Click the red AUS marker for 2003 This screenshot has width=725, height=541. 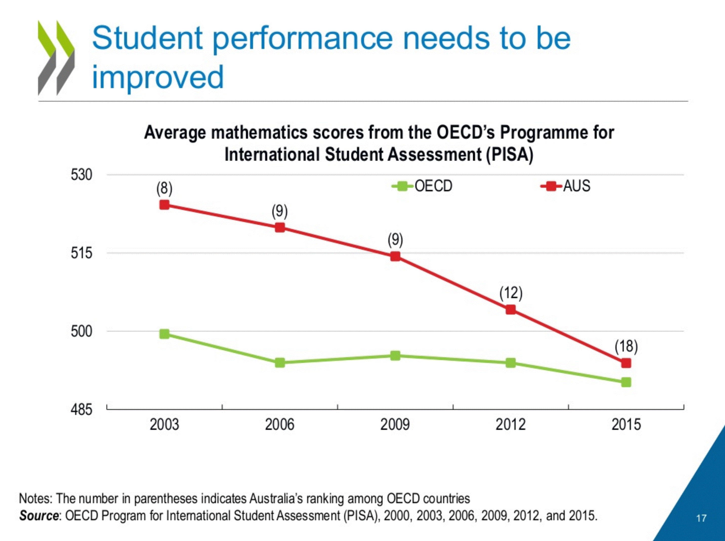click(x=164, y=205)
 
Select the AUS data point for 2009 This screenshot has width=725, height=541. click(x=395, y=256)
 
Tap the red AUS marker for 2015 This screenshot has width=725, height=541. click(x=626, y=363)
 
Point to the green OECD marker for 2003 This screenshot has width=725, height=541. click(x=164, y=334)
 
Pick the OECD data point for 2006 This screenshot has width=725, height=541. click(x=280, y=363)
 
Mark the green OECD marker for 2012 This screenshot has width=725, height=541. click(x=511, y=363)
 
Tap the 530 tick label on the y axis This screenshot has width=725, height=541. click(x=81, y=175)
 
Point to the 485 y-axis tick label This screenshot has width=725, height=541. click(x=81, y=410)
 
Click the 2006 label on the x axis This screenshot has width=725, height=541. click(x=280, y=425)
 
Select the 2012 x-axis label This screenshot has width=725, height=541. click(x=511, y=425)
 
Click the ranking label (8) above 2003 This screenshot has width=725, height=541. click(x=164, y=189)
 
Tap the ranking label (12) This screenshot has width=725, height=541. click(x=511, y=292)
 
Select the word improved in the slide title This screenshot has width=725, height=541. click(x=158, y=77)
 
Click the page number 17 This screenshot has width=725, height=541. click(x=701, y=518)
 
